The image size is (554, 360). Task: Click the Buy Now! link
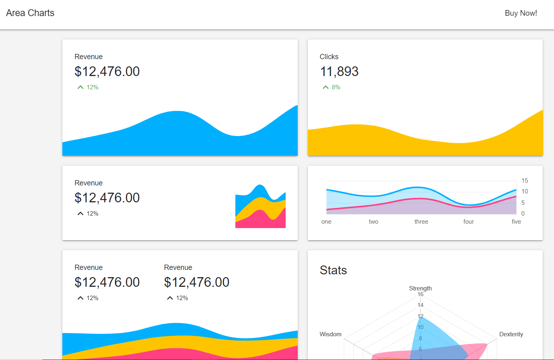click(521, 13)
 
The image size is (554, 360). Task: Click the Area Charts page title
click(30, 13)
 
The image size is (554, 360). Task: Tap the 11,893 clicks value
click(339, 72)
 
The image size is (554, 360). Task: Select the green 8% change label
click(336, 87)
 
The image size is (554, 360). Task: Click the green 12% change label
click(92, 87)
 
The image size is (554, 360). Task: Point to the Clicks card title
click(329, 57)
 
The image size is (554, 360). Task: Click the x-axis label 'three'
click(421, 222)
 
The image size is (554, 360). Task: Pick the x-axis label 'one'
click(326, 222)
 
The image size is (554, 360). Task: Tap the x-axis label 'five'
click(516, 222)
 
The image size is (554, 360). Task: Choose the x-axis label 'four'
click(468, 222)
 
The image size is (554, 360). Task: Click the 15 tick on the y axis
click(525, 181)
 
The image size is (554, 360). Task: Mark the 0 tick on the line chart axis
click(523, 214)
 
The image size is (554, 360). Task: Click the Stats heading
click(333, 270)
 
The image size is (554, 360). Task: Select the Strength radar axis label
click(420, 288)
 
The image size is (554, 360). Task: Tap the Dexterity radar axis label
click(511, 334)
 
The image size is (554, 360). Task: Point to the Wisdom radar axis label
click(330, 334)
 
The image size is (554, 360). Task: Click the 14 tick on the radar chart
click(420, 305)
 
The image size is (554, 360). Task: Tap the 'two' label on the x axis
click(373, 222)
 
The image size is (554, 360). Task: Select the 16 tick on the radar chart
click(420, 294)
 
